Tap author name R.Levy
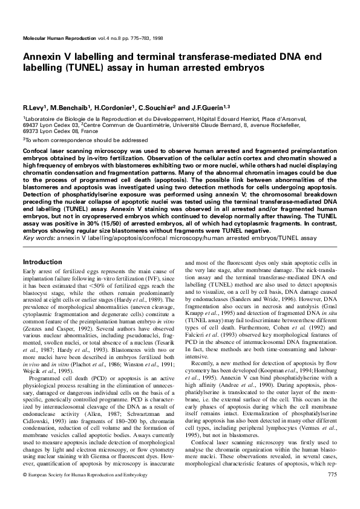coord(31,107)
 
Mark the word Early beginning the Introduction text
coord(30,272)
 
